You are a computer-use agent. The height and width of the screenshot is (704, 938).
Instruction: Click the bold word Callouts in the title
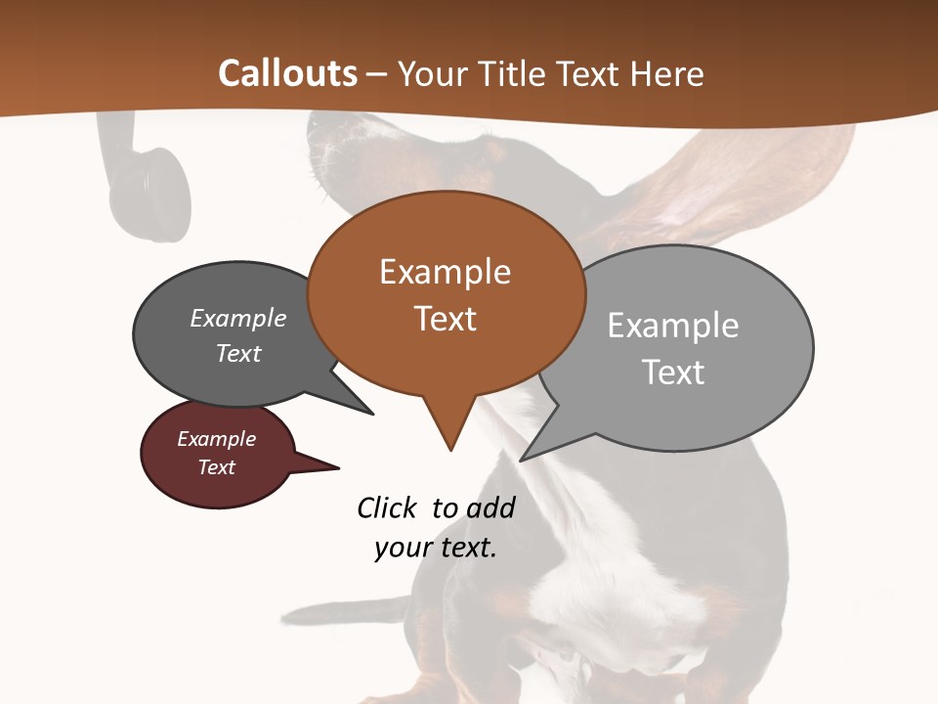pyautogui.click(x=287, y=73)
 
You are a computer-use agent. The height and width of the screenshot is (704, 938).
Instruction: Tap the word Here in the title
pyautogui.click(x=667, y=73)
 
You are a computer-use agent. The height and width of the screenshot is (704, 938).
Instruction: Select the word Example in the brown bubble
pyautogui.click(x=445, y=272)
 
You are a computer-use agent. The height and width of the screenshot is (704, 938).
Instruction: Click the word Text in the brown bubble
pyautogui.click(x=445, y=319)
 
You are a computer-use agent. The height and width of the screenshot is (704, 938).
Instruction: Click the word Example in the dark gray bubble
pyautogui.click(x=238, y=318)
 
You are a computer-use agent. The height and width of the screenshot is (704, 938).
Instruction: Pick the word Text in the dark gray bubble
pyautogui.click(x=238, y=353)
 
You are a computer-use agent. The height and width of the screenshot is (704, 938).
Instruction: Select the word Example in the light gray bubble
pyautogui.click(x=673, y=326)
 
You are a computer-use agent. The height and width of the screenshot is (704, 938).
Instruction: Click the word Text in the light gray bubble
pyautogui.click(x=673, y=373)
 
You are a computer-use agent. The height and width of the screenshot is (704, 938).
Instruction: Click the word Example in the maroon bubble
pyautogui.click(x=217, y=439)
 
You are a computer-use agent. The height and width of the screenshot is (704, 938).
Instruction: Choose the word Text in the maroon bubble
pyautogui.click(x=217, y=467)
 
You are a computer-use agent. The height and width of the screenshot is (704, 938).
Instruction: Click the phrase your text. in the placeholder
pyautogui.click(x=436, y=548)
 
